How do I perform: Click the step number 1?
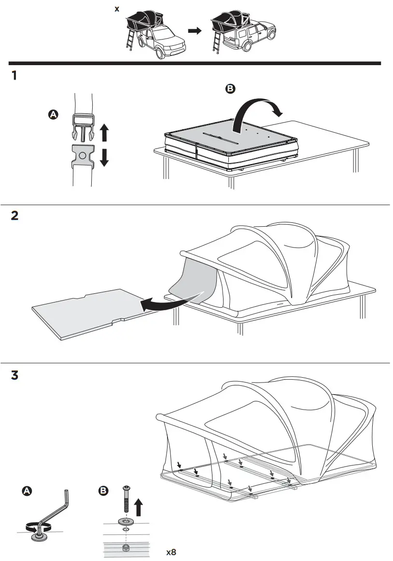tap(14, 76)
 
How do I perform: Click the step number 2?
tap(15, 216)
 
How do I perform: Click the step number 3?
tap(15, 375)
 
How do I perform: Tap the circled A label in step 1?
tap(53, 114)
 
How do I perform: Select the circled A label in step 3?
tap(27, 491)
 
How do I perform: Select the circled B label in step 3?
tap(103, 491)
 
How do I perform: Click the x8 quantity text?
tap(171, 552)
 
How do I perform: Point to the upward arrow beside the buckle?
tap(104, 132)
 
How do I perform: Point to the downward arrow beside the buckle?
tap(104, 157)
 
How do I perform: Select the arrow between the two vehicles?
tap(195, 30)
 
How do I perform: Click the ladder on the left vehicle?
tap(131, 41)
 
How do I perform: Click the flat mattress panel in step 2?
tap(87, 311)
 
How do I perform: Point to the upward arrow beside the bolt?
tap(138, 508)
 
